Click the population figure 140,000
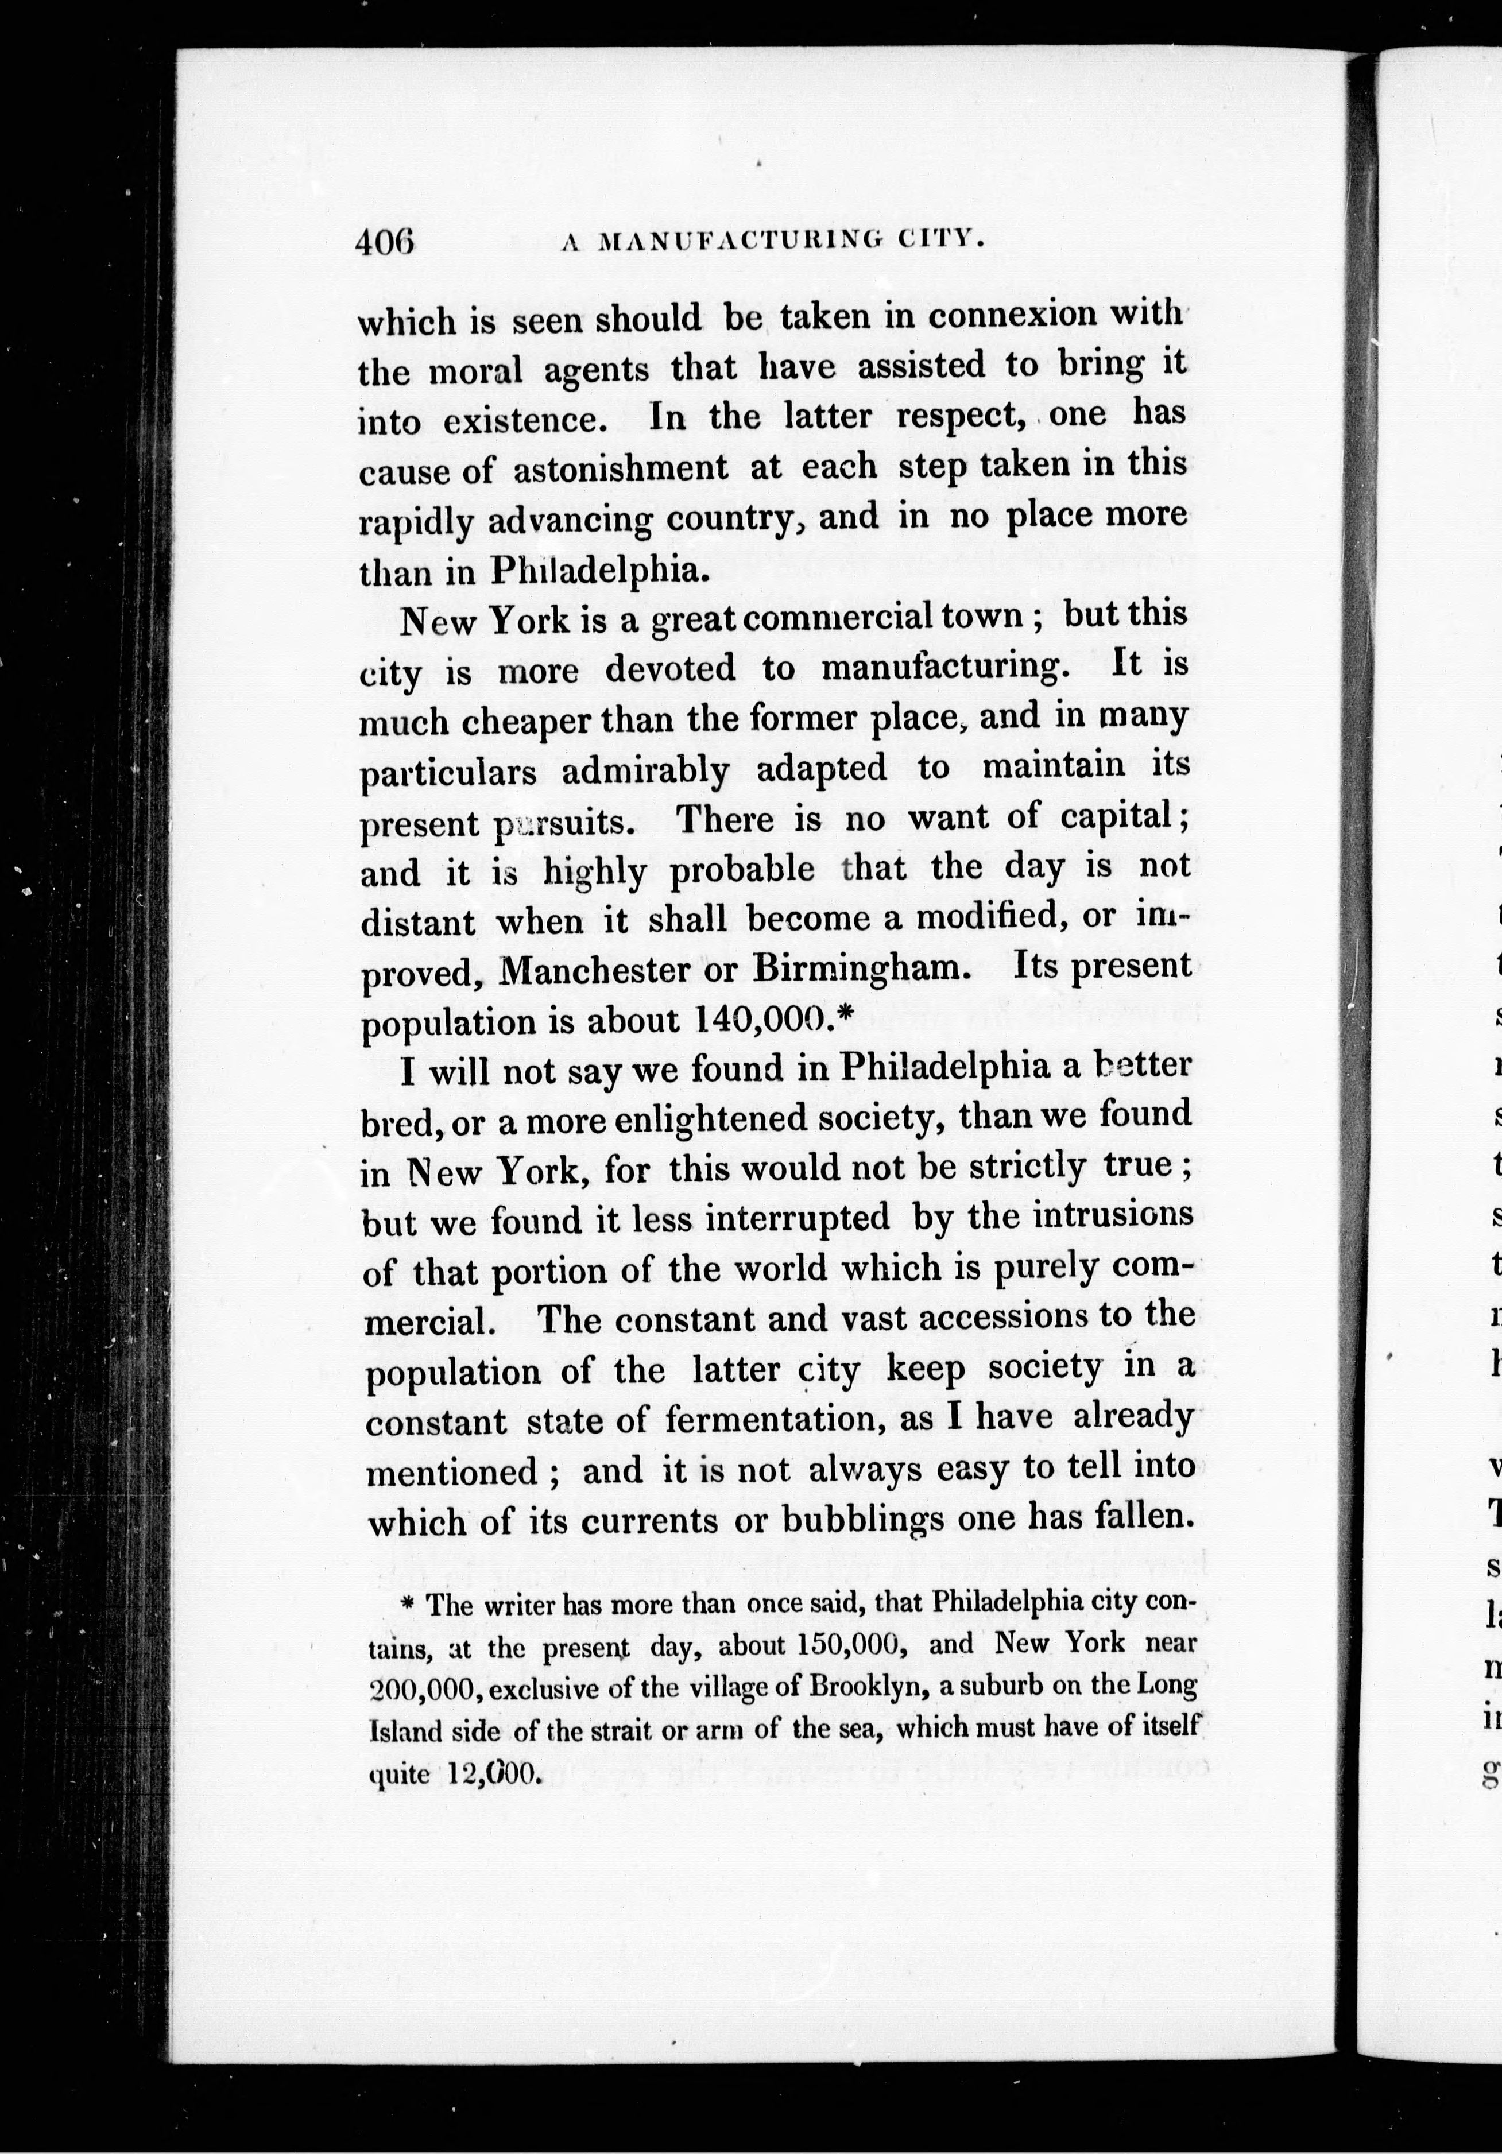[x=760, y=1019]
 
